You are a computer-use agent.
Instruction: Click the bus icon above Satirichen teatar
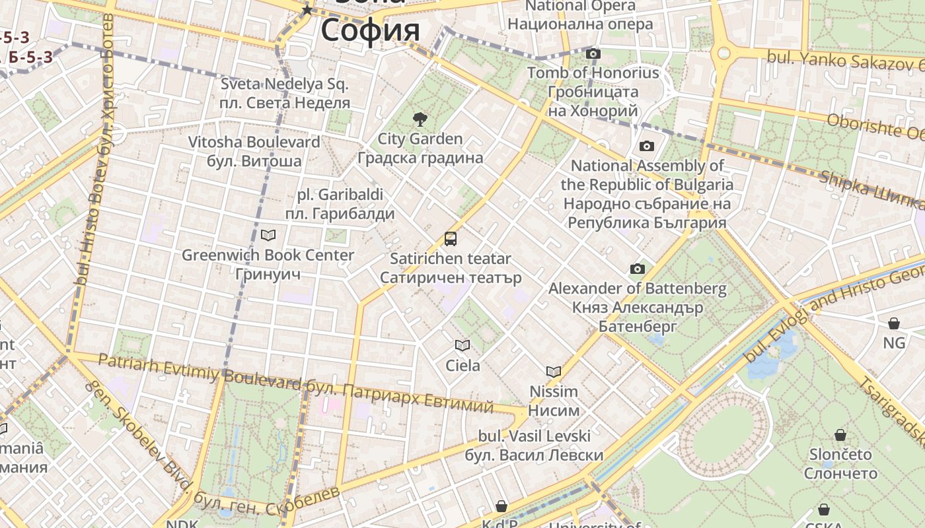click(451, 239)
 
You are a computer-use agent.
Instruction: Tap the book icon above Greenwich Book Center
click(268, 235)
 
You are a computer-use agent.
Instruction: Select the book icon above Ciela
click(462, 345)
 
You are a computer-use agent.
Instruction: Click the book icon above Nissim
click(553, 372)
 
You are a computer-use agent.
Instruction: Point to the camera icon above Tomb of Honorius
click(593, 53)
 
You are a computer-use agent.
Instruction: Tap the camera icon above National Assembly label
click(646, 146)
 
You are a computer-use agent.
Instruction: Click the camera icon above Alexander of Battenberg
click(637, 269)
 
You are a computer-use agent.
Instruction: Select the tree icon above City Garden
click(420, 119)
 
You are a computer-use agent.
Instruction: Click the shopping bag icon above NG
click(893, 323)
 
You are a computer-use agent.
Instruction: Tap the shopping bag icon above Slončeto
click(840, 435)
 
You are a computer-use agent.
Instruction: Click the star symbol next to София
click(307, 10)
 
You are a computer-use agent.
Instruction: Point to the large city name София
click(370, 30)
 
